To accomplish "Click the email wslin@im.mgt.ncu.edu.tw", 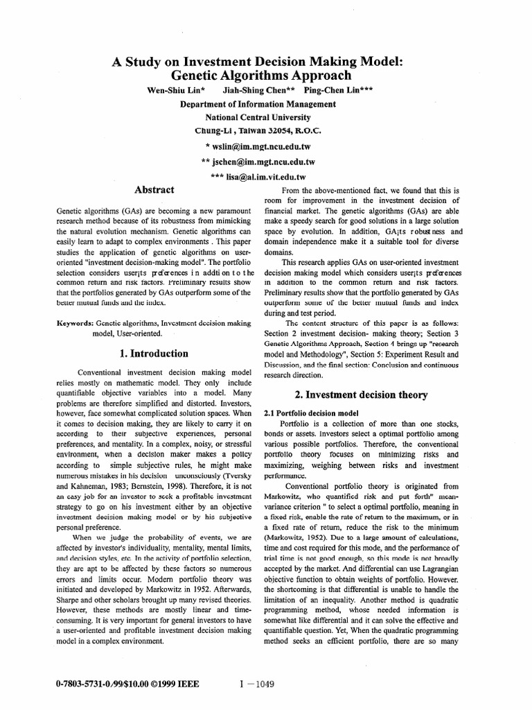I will [x=262, y=146].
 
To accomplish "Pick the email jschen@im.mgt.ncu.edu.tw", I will [x=262, y=162].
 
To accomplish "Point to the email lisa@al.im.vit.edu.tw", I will [x=262, y=177].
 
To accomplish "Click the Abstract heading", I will [x=153, y=189].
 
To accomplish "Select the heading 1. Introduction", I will [x=153, y=353].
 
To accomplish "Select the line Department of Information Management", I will [x=258, y=104].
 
